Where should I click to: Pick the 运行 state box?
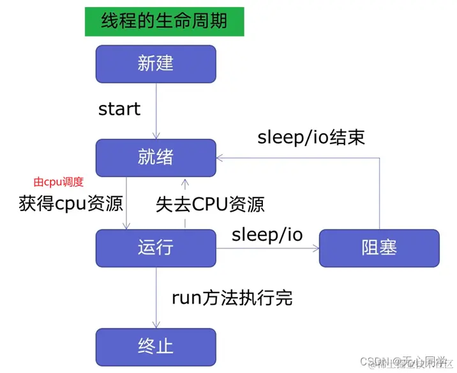(156, 248)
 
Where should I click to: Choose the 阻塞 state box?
(379, 248)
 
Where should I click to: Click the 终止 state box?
(156, 346)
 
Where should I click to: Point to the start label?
(119, 109)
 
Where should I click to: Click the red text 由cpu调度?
(59, 182)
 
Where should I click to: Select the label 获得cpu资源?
(71, 205)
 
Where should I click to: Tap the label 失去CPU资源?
(211, 205)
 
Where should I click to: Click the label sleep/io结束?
(311, 137)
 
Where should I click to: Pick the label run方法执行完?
(232, 296)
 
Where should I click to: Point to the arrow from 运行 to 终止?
(156, 297)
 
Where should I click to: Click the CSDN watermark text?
(405, 362)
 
